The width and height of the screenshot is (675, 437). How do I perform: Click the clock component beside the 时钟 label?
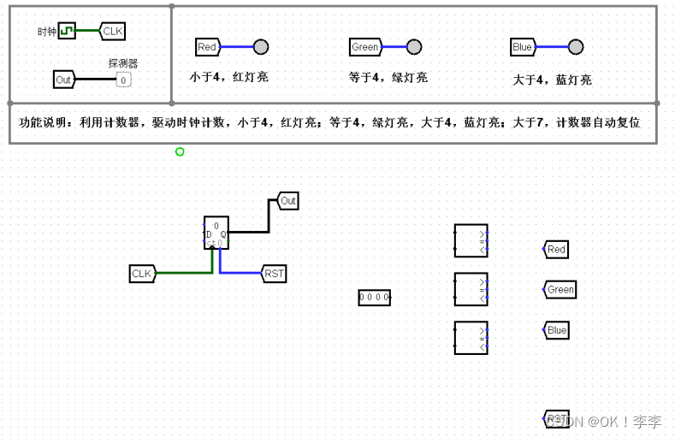(x=66, y=32)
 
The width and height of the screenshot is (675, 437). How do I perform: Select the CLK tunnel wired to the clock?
(x=112, y=32)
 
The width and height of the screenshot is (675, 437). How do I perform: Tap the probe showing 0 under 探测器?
(x=123, y=80)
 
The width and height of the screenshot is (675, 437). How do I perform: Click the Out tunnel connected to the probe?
(x=64, y=80)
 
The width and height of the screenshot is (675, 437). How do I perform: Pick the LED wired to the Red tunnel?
(x=261, y=47)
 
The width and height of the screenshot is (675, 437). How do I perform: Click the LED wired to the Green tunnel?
(x=414, y=47)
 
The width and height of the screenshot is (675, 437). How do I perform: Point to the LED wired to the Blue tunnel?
(x=576, y=47)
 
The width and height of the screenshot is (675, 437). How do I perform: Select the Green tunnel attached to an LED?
(x=365, y=47)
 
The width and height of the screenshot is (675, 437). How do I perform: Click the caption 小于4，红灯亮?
(x=228, y=77)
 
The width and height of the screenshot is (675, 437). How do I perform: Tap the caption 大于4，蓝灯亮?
(x=551, y=80)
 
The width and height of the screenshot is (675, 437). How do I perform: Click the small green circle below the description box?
(x=180, y=151)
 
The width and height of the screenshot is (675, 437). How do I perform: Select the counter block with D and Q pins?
(x=216, y=232)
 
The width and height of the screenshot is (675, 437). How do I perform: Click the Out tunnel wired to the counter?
(x=287, y=201)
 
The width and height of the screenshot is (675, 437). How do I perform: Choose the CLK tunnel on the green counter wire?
(x=142, y=274)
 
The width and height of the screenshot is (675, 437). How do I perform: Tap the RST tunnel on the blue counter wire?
(x=274, y=274)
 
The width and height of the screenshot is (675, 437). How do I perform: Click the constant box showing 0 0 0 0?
(x=374, y=297)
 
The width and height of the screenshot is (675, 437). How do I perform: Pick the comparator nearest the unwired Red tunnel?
(x=471, y=240)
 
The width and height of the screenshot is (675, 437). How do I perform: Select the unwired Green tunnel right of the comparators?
(x=560, y=290)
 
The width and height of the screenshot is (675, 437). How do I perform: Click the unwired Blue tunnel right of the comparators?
(x=556, y=330)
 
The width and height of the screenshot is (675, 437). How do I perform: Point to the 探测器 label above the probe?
(x=123, y=63)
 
